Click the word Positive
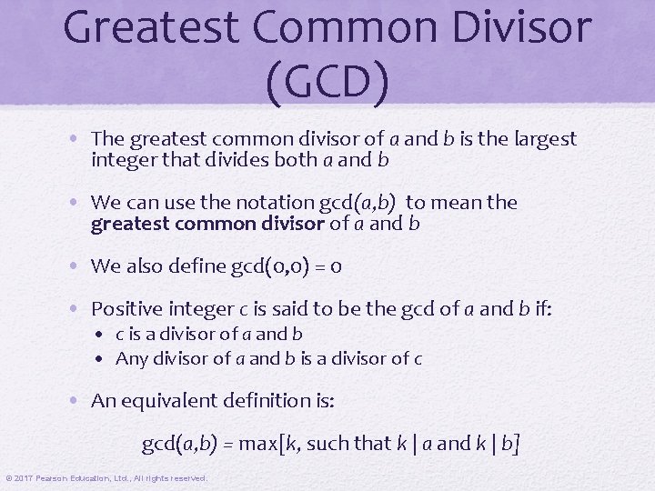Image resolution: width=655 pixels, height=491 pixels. pyautogui.click(x=126, y=309)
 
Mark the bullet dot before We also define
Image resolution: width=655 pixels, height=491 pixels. pyautogui.click(x=79, y=266)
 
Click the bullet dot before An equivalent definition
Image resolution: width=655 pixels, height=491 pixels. pyautogui.click(x=79, y=401)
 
